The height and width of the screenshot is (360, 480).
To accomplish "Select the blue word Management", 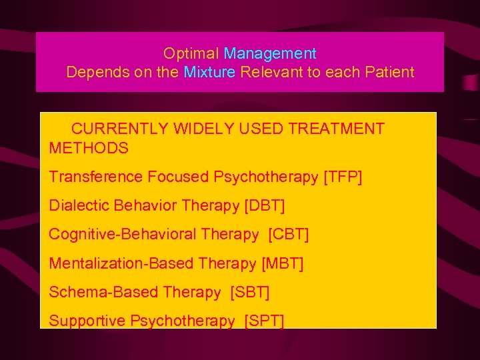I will (x=270, y=53).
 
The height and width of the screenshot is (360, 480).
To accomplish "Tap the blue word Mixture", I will (x=209, y=72).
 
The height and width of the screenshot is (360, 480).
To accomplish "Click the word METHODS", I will (x=89, y=148).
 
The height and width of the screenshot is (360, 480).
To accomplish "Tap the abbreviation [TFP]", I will (x=343, y=177).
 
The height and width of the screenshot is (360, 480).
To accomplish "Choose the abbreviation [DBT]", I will (x=265, y=206).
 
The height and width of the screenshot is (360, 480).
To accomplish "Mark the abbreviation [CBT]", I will (x=289, y=235).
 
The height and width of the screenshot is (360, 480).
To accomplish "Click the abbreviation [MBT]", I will (x=283, y=263).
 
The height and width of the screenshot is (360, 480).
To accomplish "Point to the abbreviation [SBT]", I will (x=250, y=292).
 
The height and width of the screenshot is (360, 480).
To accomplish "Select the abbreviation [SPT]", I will (x=264, y=321).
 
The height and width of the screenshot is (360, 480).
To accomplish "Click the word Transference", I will (x=96, y=177).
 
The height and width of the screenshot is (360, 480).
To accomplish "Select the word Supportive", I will (x=87, y=321).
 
